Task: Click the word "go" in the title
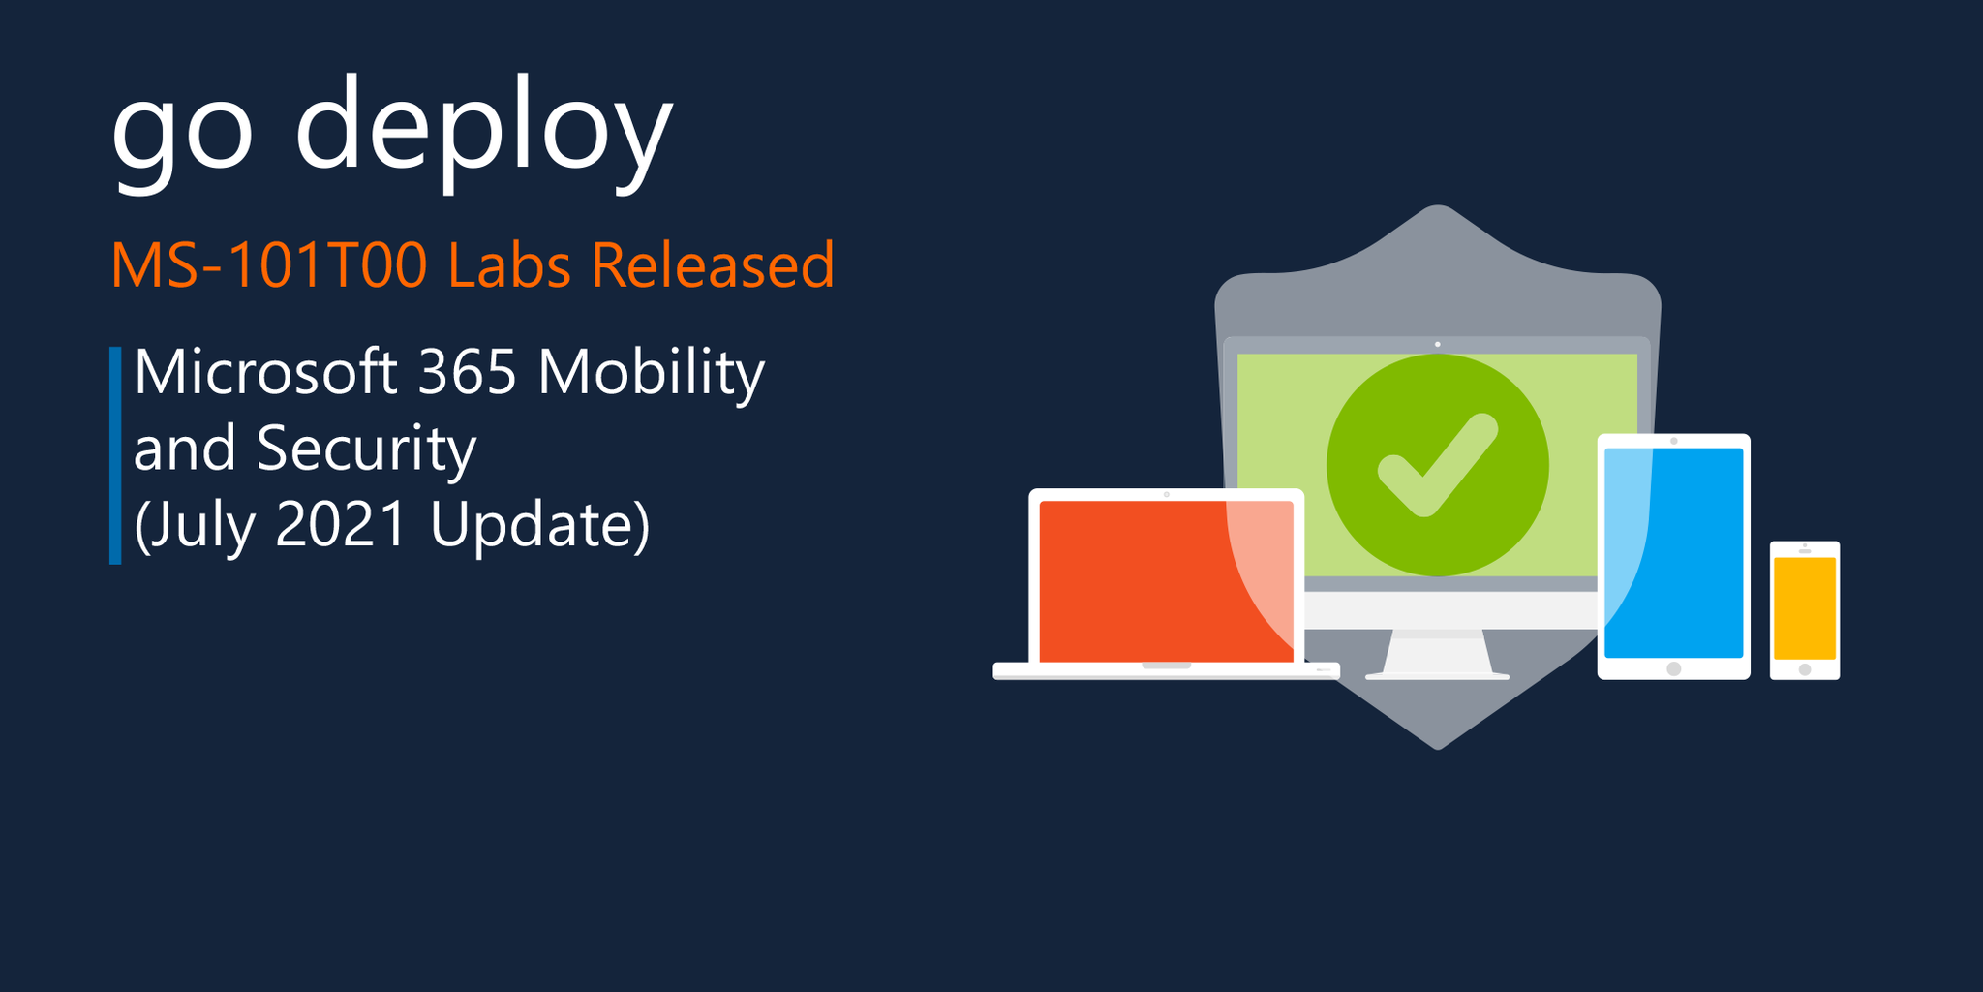182,131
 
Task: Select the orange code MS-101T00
269,264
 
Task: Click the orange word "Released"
713,264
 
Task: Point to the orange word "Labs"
509,264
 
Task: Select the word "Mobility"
651,373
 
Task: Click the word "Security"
366,449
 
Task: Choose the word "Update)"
539,526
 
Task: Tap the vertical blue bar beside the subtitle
115,454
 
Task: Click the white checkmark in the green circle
1437,465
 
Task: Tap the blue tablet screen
1674,552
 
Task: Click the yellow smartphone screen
1805,607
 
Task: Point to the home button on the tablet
1674,668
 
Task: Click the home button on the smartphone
1805,669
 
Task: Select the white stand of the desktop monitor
1437,654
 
